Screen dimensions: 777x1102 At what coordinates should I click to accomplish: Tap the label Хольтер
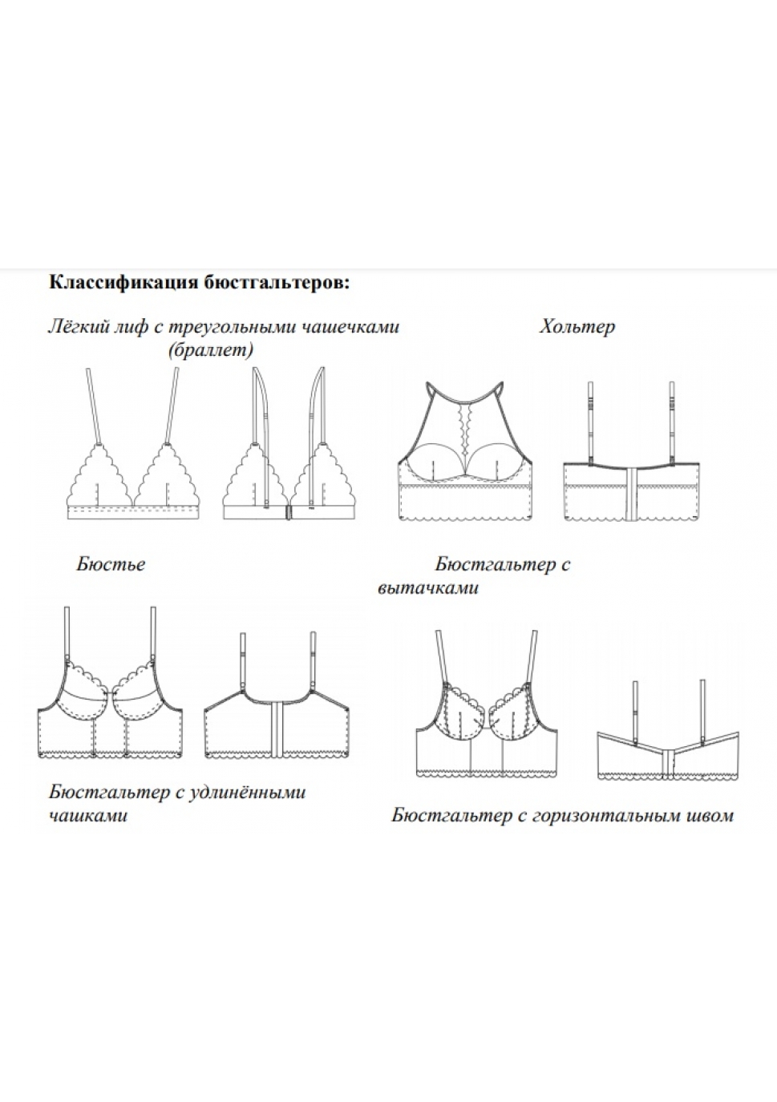(577, 327)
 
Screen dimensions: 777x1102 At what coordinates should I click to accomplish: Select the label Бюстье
(111, 563)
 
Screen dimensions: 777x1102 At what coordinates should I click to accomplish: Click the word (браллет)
(211, 350)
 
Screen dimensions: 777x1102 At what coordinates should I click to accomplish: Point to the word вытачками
(428, 588)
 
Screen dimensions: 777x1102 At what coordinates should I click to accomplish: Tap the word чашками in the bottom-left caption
(88, 816)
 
